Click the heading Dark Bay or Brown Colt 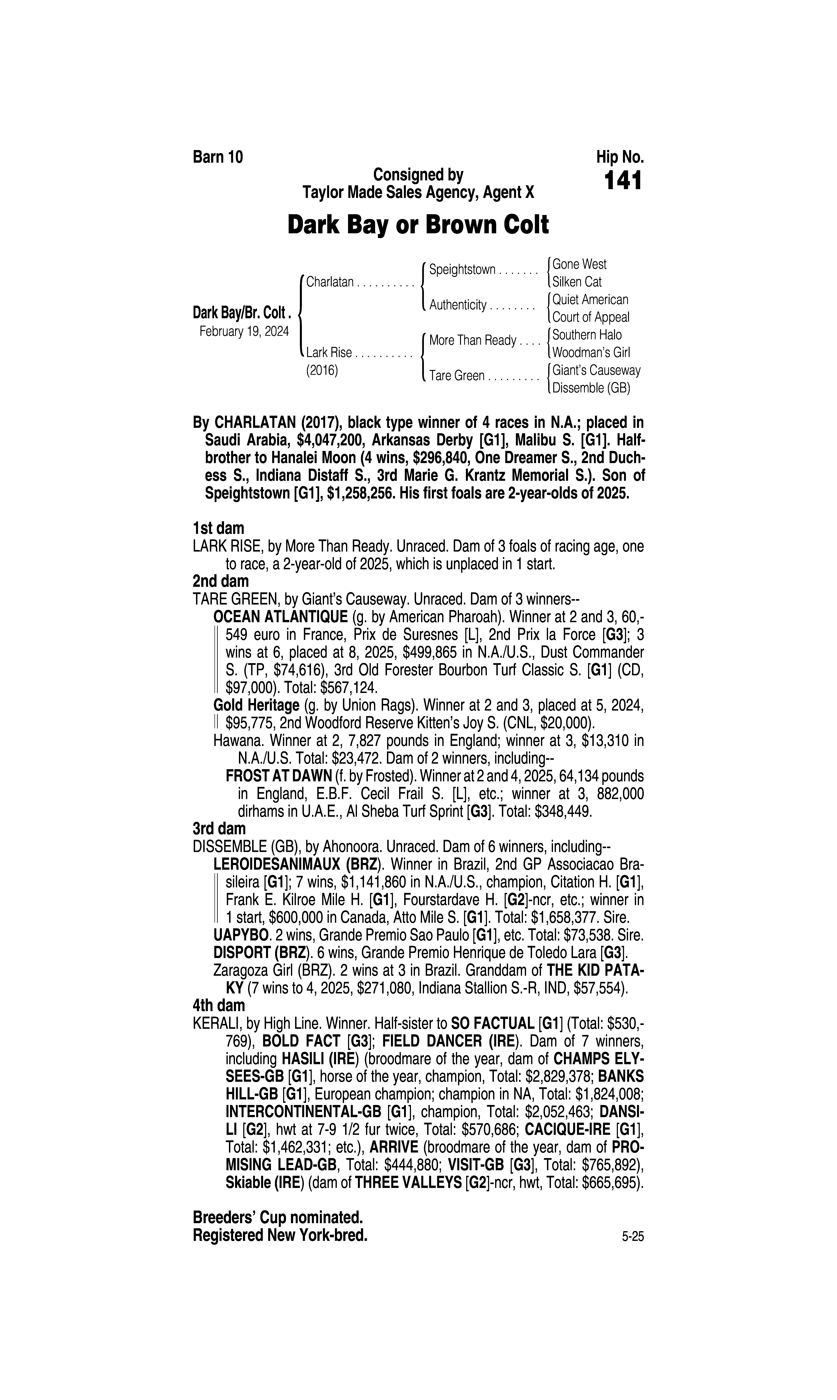[418, 225]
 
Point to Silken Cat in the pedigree [577, 281]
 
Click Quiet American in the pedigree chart [590, 299]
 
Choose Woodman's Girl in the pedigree [591, 353]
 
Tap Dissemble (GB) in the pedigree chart [591, 388]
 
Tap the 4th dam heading [219, 1005]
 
